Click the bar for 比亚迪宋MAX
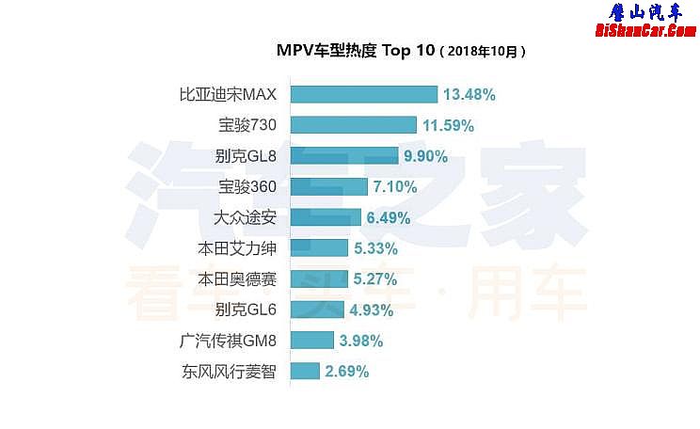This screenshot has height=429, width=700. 363,94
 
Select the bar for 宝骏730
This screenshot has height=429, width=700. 353,124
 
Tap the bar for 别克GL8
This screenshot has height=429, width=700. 344,155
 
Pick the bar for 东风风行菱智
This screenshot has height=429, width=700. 305,371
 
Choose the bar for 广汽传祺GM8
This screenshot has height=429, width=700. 311,340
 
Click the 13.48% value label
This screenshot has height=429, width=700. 469,94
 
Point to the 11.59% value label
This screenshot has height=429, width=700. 447,124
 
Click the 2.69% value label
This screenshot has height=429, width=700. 346,371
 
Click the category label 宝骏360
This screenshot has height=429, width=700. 247,186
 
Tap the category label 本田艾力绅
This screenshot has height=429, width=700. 237,248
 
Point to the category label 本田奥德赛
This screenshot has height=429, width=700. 237,278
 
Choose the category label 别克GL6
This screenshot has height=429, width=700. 246,310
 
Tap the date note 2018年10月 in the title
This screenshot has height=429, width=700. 483,52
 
